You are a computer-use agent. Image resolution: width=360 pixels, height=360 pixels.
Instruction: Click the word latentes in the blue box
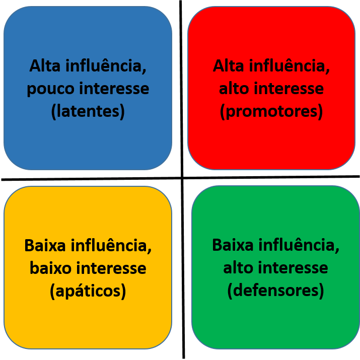pyautogui.click(x=88, y=112)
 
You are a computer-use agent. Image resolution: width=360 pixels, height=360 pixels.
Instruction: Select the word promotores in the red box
pyautogui.click(x=271, y=112)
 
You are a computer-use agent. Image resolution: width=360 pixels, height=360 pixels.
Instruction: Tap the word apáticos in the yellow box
pyautogui.click(x=88, y=291)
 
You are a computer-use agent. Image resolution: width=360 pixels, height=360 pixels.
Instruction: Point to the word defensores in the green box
pyautogui.click(x=275, y=291)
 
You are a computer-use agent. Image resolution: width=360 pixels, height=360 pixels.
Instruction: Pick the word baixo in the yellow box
pyautogui.click(x=50, y=268)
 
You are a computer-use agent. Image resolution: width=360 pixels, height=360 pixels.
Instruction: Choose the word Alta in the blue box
pyautogui.click(x=45, y=66)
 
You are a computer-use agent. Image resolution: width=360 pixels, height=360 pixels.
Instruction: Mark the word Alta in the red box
pyautogui.click(x=228, y=66)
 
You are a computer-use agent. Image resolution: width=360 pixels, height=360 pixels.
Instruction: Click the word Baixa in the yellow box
pyautogui.click(x=45, y=245)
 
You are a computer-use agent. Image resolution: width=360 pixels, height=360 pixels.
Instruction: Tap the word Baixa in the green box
pyautogui.click(x=233, y=245)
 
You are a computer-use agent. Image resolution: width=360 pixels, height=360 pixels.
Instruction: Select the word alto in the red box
pyautogui.click(x=234, y=89)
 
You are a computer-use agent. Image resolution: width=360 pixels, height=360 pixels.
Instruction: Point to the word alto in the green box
pyautogui.click(x=238, y=268)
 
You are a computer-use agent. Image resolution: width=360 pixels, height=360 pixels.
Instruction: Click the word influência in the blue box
pyautogui.click(x=106, y=66)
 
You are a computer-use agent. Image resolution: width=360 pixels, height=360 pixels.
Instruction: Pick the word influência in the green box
pyautogui.click(x=299, y=245)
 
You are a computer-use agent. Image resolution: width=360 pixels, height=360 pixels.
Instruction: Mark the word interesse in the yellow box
pyautogui.click(x=111, y=268)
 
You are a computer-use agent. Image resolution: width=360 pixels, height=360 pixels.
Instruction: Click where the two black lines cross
pyautogui.click(x=182, y=178)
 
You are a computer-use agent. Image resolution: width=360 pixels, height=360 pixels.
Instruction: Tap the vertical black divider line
pyautogui.click(x=182, y=180)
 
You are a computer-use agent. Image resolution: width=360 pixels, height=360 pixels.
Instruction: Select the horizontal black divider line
pyautogui.click(x=180, y=178)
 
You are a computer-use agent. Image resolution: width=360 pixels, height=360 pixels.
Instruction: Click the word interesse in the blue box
pyautogui.click(x=114, y=89)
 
